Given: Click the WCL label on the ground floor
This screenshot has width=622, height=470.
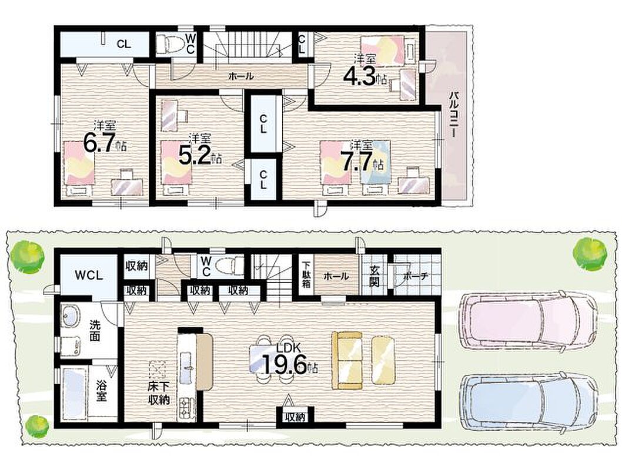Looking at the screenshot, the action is click(x=89, y=276).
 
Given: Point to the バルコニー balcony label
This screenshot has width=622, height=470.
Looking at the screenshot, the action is click(x=454, y=115).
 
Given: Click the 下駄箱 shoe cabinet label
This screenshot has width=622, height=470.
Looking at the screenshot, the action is click(x=306, y=276).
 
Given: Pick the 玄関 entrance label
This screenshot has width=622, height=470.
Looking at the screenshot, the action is click(x=374, y=276).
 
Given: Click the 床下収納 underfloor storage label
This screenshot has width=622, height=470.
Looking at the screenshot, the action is click(x=159, y=393).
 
